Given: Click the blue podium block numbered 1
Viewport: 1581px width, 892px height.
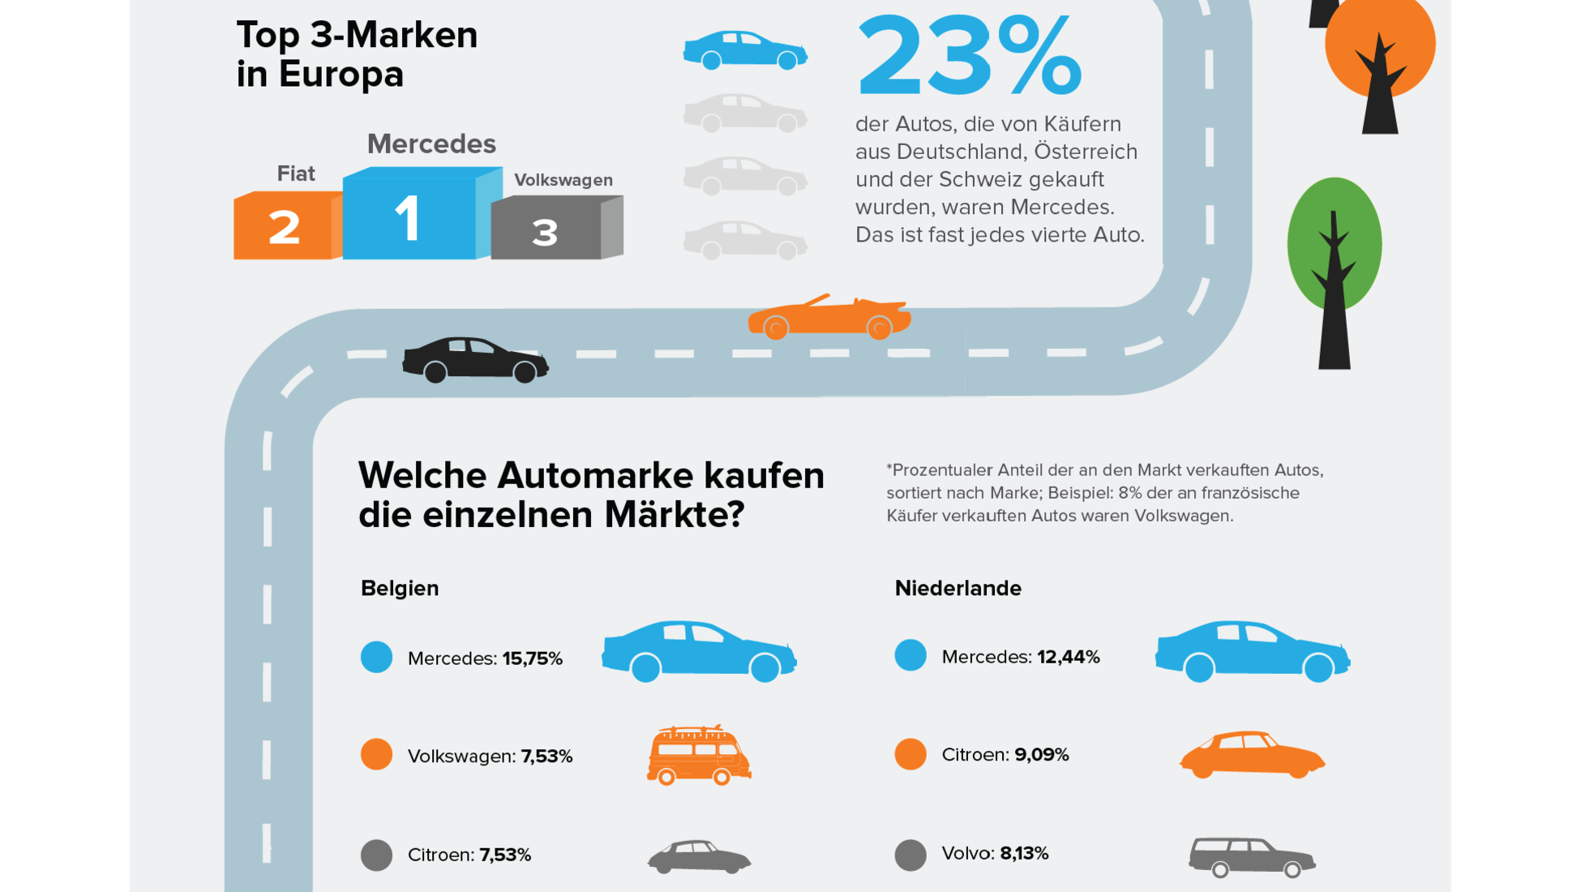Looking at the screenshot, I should click(x=409, y=217).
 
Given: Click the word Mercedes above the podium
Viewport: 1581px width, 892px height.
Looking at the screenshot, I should click(x=431, y=144).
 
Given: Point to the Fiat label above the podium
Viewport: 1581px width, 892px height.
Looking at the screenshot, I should click(x=296, y=174).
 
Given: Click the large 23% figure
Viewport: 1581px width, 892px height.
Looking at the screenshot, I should click(x=969, y=57).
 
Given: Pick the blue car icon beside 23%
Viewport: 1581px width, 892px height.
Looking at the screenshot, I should click(x=744, y=50).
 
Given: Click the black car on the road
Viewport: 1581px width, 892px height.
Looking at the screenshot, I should click(x=475, y=359).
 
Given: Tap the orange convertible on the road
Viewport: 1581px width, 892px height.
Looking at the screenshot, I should click(x=829, y=317).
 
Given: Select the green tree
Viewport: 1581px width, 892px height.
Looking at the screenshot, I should click(x=1334, y=243).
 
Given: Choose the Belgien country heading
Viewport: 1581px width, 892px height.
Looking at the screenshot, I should click(x=400, y=588).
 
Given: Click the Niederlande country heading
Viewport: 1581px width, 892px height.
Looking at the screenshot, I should click(x=958, y=588).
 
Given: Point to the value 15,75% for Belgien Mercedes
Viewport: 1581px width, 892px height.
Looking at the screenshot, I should click(x=532, y=658).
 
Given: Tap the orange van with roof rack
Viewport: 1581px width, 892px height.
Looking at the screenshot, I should click(x=698, y=755).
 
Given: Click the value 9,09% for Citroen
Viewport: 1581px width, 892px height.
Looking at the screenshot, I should click(x=1041, y=755).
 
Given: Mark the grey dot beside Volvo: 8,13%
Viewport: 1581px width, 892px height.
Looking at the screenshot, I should click(x=910, y=855).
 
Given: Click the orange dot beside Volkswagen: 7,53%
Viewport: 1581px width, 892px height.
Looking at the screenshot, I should click(x=376, y=755).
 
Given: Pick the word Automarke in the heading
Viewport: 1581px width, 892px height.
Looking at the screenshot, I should click(x=595, y=476).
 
